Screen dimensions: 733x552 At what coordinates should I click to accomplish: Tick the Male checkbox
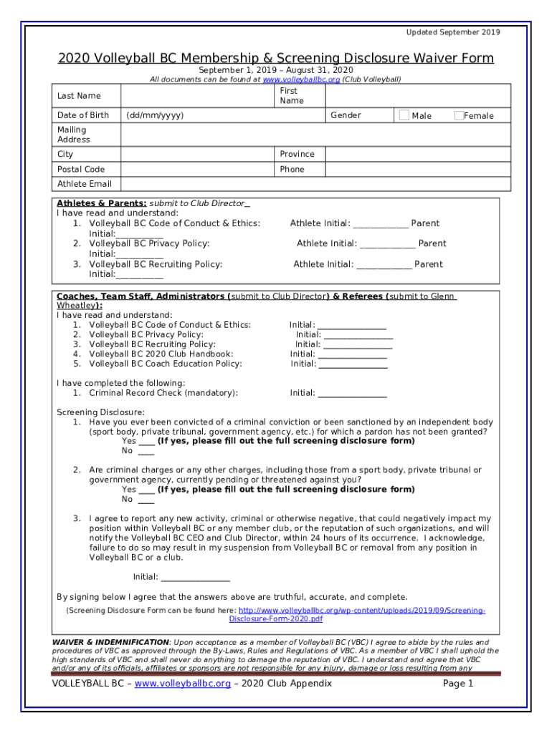(404, 115)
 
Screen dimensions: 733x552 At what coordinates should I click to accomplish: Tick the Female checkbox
(459, 115)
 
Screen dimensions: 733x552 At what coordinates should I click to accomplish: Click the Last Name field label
(79, 96)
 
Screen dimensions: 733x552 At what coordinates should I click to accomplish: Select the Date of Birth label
(83, 115)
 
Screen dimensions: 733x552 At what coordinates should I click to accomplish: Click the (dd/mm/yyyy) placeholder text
(154, 115)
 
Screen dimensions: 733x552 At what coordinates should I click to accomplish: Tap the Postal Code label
(80, 170)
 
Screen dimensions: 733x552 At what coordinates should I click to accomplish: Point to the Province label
(297, 155)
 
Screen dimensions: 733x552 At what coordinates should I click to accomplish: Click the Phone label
(292, 170)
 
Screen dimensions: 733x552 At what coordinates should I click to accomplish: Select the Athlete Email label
(84, 184)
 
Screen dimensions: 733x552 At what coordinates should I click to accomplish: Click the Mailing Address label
(73, 135)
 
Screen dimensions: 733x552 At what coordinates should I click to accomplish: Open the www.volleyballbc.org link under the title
(301, 80)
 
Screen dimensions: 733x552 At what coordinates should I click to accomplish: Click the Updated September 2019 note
(453, 32)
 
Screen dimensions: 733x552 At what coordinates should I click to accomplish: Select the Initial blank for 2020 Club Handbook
(352, 354)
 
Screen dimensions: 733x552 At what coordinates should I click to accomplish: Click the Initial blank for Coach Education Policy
(353, 364)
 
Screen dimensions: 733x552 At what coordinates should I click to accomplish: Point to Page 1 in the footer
(458, 684)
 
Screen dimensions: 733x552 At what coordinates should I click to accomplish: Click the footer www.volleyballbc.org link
(182, 684)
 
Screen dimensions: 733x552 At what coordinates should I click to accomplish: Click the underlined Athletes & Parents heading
(102, 203)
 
